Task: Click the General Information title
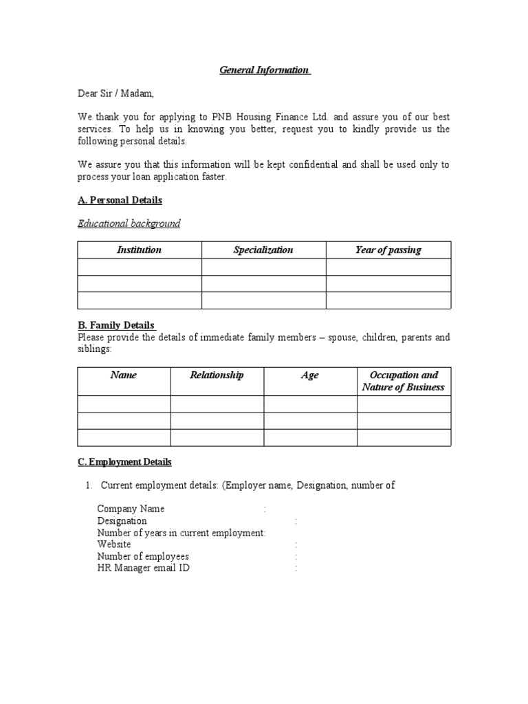(x=265, y=70)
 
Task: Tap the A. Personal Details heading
(x=120, y=200)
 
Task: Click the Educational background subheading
(x=129, y=223)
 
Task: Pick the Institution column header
(x=140, y=250)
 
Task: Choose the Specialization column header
(x=263, y=250)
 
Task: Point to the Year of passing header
(x=388, y=250)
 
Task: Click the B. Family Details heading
(x=117, y=325)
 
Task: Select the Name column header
(x=124, y=375)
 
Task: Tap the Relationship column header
(x=217, y=375)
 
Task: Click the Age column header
(x=310, y=375)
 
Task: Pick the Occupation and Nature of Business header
(x=404, y=381)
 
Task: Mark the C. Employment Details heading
(x=124, y=462)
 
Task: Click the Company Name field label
(x=131, y=509)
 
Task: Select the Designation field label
(x=122, y=521)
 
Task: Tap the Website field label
(x=114, y=544)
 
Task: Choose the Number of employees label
(x=143, y=556)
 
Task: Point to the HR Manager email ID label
(x=144, y=568)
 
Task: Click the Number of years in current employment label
(x=181, y=533)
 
